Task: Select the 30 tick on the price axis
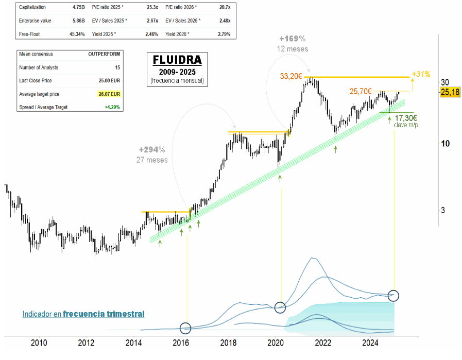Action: click(x=446, y=82)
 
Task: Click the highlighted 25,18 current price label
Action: click(x=450, y=92)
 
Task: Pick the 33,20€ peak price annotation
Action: click(x=290, y=76)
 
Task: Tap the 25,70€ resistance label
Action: click(x=361, y=91)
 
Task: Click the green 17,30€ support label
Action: click(x=406, y=117)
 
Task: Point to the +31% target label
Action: click(x=421, y=74)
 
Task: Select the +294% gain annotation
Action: click(x=152, y=150)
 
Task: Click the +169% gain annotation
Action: click(x=292, y=39)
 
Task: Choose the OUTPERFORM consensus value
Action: click(x=105, y=54)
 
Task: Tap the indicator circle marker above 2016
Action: click(x=185, y=328)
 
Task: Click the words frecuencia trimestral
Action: click(x=104, y=314)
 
